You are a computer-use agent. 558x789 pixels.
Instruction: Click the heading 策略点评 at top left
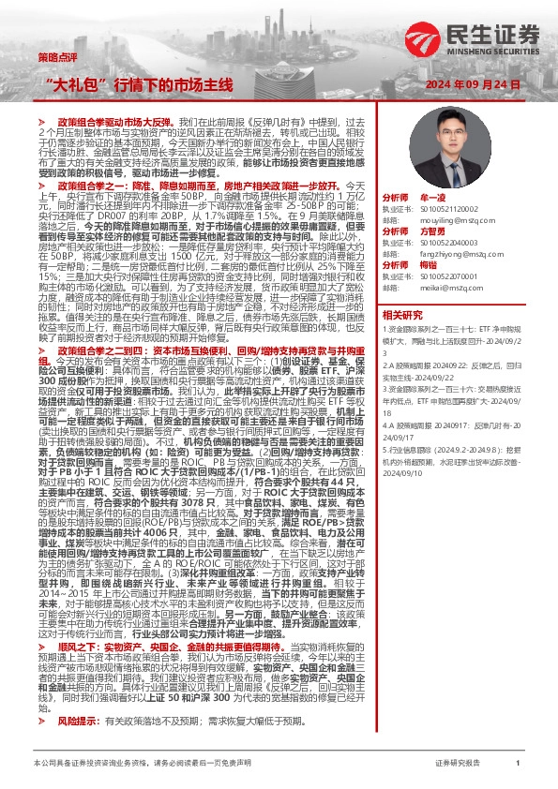54,57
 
